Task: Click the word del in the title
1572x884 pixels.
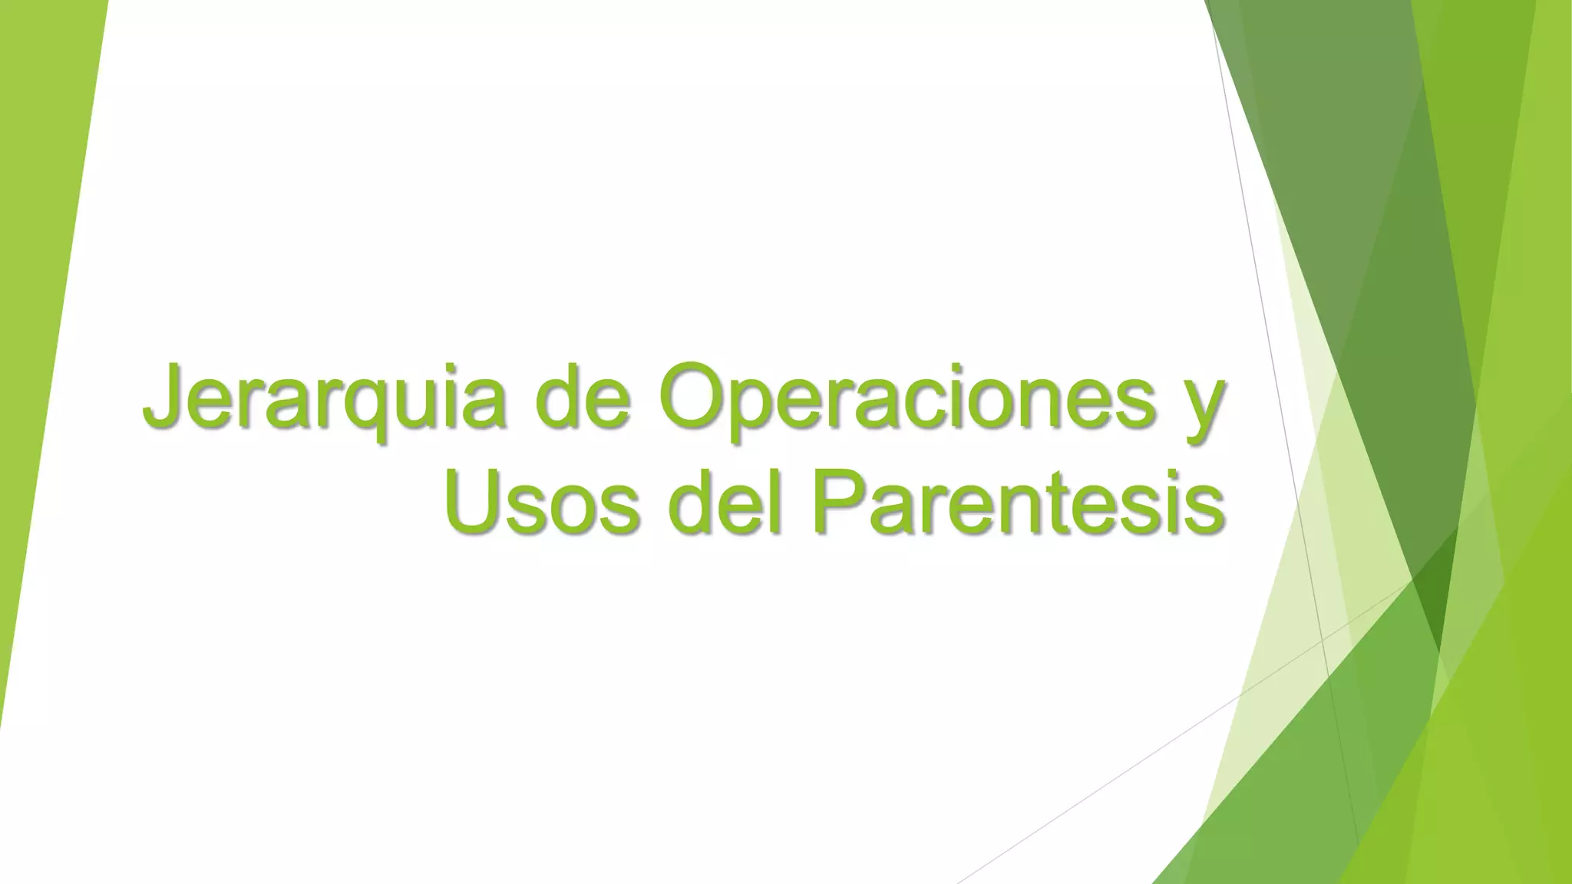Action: (725, 503)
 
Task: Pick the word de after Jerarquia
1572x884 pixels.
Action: (583, 399)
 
